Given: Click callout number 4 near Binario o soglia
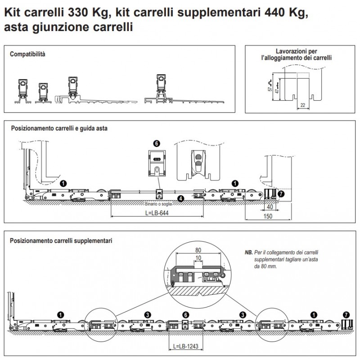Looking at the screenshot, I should coord(180,198).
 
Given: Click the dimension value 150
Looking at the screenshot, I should coord(268,216).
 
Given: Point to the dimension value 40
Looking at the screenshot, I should coord(269,208).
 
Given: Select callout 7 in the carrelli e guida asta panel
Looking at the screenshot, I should coord(282,194).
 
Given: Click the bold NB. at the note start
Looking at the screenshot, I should coord(249,253).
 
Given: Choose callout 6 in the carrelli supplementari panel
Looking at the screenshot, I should coord(185,315).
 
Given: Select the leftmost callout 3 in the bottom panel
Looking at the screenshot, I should coord(147,314).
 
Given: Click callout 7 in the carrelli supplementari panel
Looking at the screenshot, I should coord(346,314).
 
